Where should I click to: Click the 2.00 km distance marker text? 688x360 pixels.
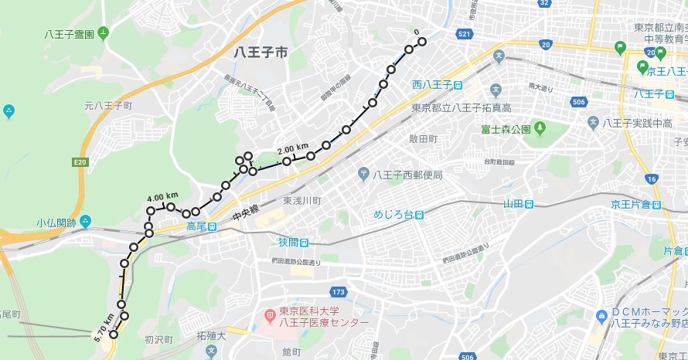tap(292, 148)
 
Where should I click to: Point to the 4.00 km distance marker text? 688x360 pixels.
tap(162, 195)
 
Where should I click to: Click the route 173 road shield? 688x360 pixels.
tap(337, 292)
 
